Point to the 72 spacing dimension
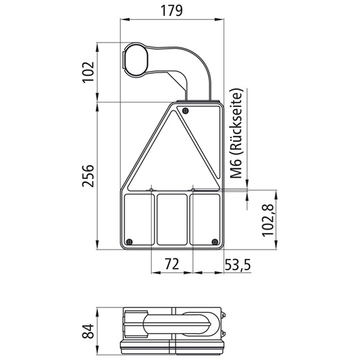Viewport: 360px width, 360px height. (x=172, y=265)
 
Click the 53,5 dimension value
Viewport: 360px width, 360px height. (x=236, y=265)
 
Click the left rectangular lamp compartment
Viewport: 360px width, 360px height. (x=138, y=218)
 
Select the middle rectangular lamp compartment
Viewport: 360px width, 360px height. (x=172, y=218)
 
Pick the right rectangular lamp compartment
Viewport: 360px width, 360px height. (x=205, y=218)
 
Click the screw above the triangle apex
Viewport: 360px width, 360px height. (x=186, y=110)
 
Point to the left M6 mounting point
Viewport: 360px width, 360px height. (x=152, y=190)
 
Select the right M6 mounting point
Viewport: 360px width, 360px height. (x=193, y=190)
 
